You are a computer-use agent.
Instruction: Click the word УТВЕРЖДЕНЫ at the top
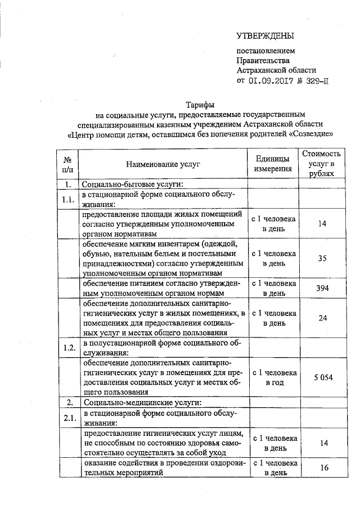point(265,37)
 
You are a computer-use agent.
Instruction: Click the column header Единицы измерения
point(273,164)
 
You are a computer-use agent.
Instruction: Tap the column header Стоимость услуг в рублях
point(321,164)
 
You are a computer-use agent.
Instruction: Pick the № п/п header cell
point(67,164)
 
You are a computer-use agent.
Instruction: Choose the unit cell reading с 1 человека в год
point(274,377)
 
